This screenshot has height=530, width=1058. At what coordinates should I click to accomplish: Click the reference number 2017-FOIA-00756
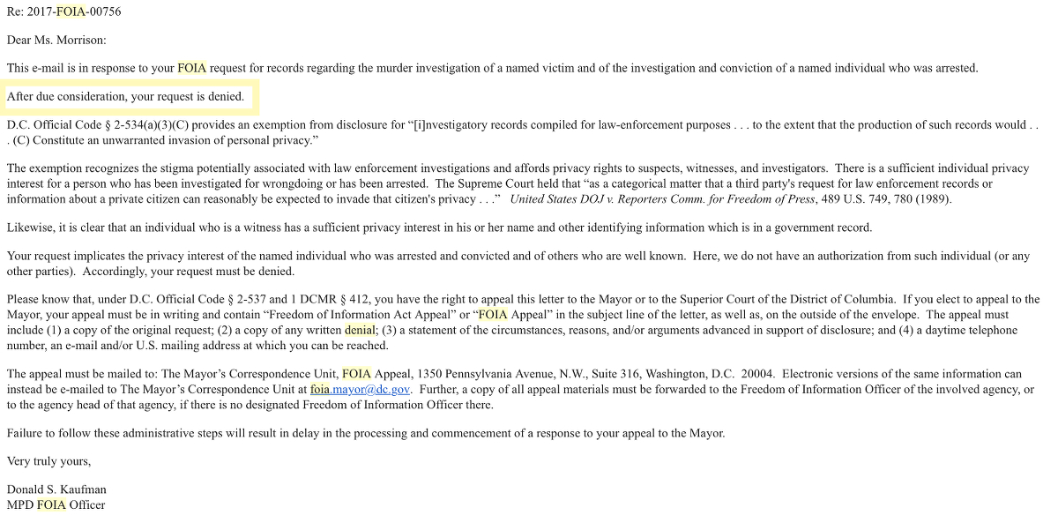(75, 12)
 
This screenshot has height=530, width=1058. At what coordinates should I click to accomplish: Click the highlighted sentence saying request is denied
(125, 96)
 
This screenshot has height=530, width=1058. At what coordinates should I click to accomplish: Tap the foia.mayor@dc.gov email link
(360, 389)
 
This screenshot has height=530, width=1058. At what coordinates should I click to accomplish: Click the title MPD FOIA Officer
(56, 505)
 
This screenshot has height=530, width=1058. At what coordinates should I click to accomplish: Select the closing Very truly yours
(48, 461)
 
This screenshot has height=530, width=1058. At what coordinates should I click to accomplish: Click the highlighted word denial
(360, 330)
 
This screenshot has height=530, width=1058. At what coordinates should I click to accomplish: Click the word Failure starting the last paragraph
(26, 433)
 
